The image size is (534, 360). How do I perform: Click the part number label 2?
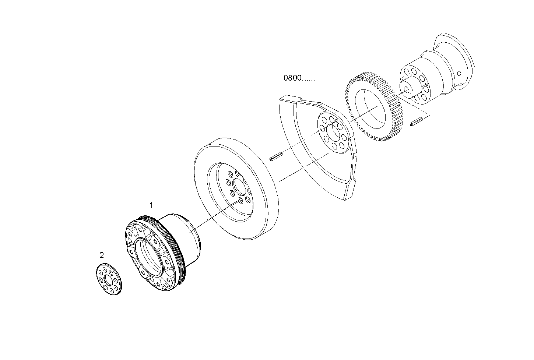(x=102, y=255)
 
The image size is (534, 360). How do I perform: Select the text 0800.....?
(x=293, y=78)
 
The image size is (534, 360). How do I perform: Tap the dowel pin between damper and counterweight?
(x=276, y=157)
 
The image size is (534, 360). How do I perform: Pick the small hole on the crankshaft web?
(x=459, y=73)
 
